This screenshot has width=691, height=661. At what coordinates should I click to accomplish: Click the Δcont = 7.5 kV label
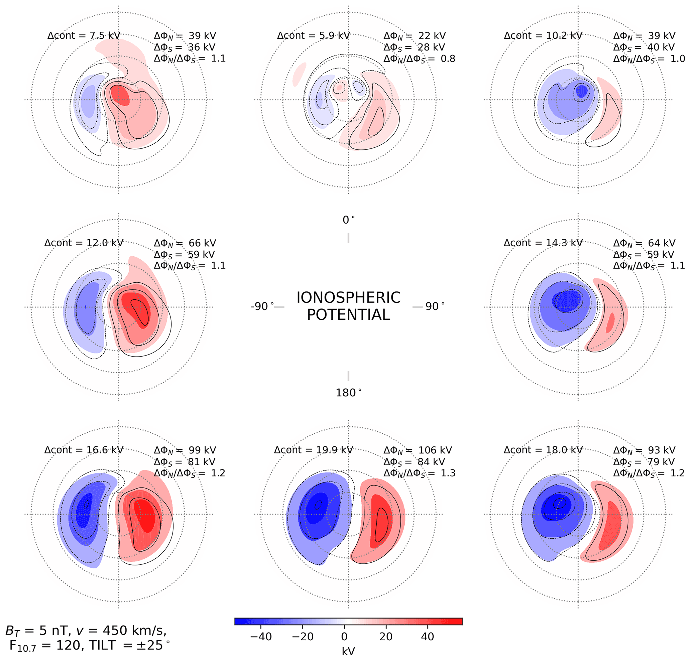pos(84,35)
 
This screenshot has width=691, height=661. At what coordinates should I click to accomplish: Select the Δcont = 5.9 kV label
pos(314,35)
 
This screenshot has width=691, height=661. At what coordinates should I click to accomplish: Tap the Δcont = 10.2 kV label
pos(543,35)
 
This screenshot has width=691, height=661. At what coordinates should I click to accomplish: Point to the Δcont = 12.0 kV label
pos(84,243)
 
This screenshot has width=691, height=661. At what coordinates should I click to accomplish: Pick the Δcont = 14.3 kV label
pos(543,243)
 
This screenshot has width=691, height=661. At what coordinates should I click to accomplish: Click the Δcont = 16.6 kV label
pos(84,450)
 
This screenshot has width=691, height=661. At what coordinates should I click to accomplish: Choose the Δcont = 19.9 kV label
pos(314,450)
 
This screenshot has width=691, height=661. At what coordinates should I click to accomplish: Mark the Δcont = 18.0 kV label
pos(543,450)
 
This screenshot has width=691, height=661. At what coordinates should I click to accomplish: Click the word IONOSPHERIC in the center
pos(348,298)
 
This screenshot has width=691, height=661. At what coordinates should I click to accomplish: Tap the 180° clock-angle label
pos(348,393)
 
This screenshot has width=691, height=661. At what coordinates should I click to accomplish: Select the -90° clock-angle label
pos(262,306)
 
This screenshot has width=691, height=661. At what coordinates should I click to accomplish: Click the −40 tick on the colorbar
pos(260,637)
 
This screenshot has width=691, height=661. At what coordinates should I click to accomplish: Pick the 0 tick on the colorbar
pos(344,637)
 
